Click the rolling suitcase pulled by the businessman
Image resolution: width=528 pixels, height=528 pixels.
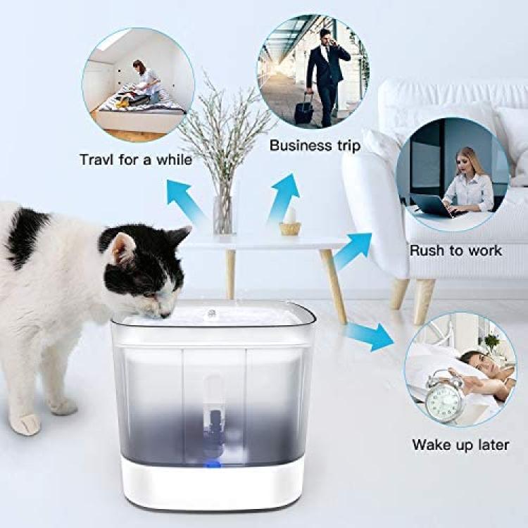(304, 108)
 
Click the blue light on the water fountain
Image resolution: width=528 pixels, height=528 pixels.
(213, 465)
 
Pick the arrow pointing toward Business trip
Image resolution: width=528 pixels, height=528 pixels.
(283, 199)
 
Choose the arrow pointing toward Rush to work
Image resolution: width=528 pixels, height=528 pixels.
(353, 251)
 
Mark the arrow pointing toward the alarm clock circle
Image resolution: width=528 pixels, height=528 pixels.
(370, 337)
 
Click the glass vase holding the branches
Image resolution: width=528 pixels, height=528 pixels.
(223, 215)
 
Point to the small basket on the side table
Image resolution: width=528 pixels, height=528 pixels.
(290, 228)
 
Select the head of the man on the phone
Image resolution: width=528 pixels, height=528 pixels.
(326, 37)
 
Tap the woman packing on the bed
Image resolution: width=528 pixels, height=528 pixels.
(146, 82)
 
